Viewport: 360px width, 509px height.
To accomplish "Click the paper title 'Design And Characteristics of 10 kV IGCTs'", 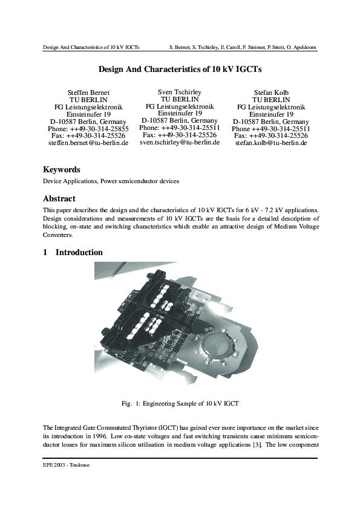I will [x=180, y=70].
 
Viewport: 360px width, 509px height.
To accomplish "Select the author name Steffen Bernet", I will [x=88, y=92].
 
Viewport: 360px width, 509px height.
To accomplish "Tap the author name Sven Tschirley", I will [x=179, y=91].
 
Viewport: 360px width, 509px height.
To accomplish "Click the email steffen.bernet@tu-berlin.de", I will [x=88, y=143].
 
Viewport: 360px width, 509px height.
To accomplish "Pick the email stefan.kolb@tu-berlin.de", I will [x=270, y=143].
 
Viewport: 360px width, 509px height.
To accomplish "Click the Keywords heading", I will [x=61, y=170].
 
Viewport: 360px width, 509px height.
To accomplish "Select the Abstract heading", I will [x=59, y=198].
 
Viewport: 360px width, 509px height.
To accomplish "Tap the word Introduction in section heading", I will [x=79, y=252].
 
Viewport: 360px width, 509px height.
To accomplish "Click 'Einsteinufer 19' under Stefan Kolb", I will [x=270, y=114].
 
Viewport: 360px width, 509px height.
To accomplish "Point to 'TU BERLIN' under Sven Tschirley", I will [x=179, y=99].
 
